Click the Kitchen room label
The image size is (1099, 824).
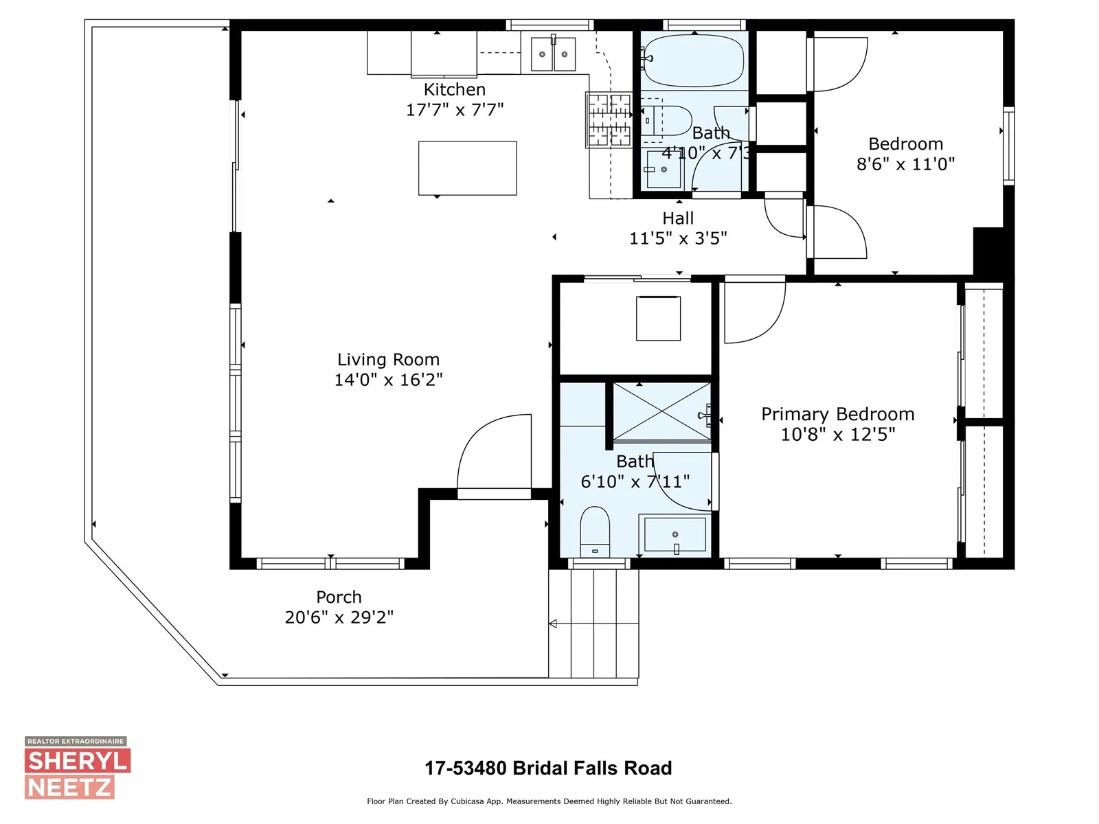[x=454, y=89]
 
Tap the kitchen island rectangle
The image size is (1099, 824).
[x=467, y=168]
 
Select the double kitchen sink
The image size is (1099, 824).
[x=553, y=54]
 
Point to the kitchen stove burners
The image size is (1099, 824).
[x=609, y=120]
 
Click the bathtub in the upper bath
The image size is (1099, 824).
[x=693, y=60]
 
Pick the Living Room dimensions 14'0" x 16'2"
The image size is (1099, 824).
[x=389, y=380]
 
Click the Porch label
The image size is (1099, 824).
[x=339, y=597]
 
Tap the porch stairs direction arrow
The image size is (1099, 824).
[x=593, y=623]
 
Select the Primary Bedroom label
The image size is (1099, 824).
[x=837, y=414]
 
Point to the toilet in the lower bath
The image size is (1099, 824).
[x=595, y=531]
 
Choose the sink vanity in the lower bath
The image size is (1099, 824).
[x=675, y=535]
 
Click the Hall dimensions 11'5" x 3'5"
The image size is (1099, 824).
[x=678, y=238]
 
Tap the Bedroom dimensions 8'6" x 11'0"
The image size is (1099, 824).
[x=905, y=164]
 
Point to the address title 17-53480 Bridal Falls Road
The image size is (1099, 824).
[x=548, y=768]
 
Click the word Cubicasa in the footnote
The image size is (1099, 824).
[x=469, y=801]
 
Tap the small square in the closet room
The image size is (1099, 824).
[x=658, y=318]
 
